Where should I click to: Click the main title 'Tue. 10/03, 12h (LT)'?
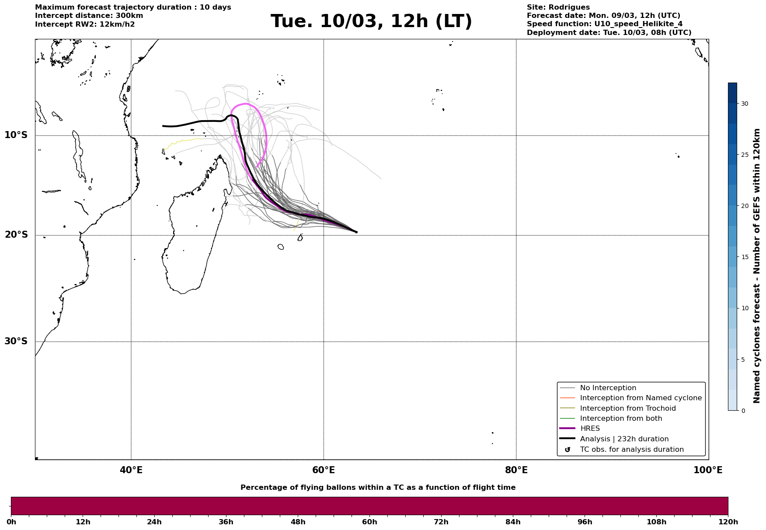tap(371, 21)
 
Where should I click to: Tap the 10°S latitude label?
tap(16, 135)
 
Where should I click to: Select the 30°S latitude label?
tap(16, 341)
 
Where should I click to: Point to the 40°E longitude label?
tap(131, 470)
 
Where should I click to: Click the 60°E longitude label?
tap(324, 470)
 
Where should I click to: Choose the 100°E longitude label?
tap(708, 470)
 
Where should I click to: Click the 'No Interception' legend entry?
tap(608, 388)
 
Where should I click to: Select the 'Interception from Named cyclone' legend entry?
tap(641, 398)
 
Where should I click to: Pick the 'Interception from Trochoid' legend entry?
tap(627, 409)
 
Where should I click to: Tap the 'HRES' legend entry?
tap(590, 429)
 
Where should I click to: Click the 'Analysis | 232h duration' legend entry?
tap(624, 439)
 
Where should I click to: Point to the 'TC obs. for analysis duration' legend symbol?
tap(568, 450)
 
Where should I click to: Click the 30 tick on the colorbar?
tap(744, 104)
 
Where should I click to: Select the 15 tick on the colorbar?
tap(744, 257)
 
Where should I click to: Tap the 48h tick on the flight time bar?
tap(298, 522)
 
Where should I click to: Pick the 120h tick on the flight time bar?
tap(728, 522)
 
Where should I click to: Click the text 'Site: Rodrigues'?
tap(558, 7)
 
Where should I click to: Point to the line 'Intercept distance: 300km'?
tap(89, 16)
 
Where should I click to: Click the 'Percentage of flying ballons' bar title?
tap(378, 488)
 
